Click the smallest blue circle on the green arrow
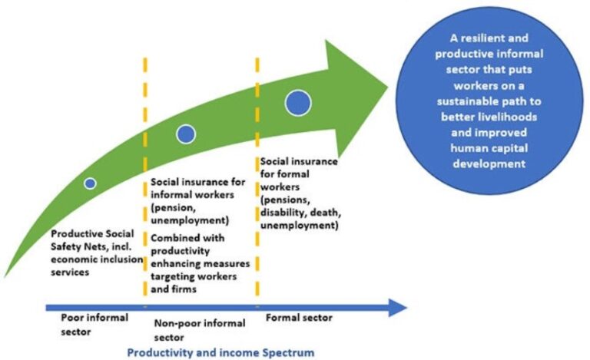90,183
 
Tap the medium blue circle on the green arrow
185,134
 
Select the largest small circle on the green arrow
297,101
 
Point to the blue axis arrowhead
398,309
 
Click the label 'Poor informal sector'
94,322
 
